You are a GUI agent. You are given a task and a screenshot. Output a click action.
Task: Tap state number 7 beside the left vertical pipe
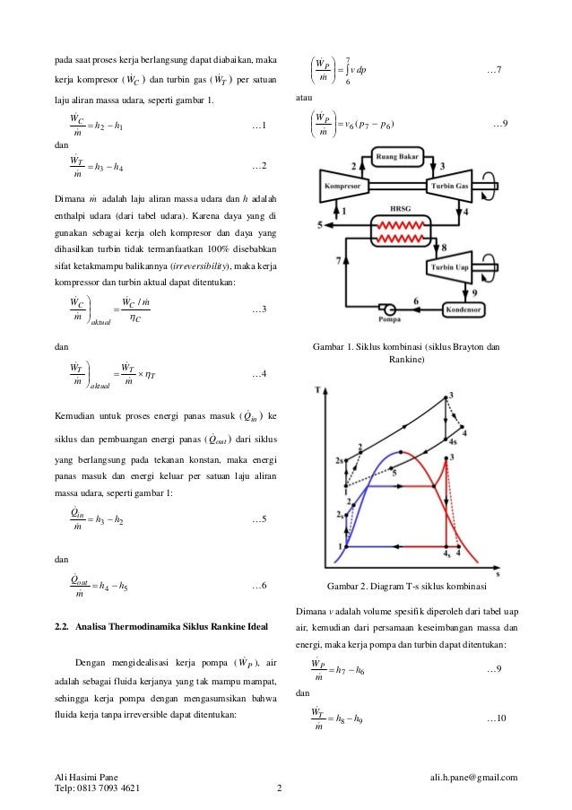(339, 258)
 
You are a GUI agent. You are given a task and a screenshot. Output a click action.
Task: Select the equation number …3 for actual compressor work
(259, 309)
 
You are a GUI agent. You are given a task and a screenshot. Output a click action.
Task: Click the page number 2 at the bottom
(279, 790)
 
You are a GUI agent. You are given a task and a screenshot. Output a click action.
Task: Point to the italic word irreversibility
(177, 266)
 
